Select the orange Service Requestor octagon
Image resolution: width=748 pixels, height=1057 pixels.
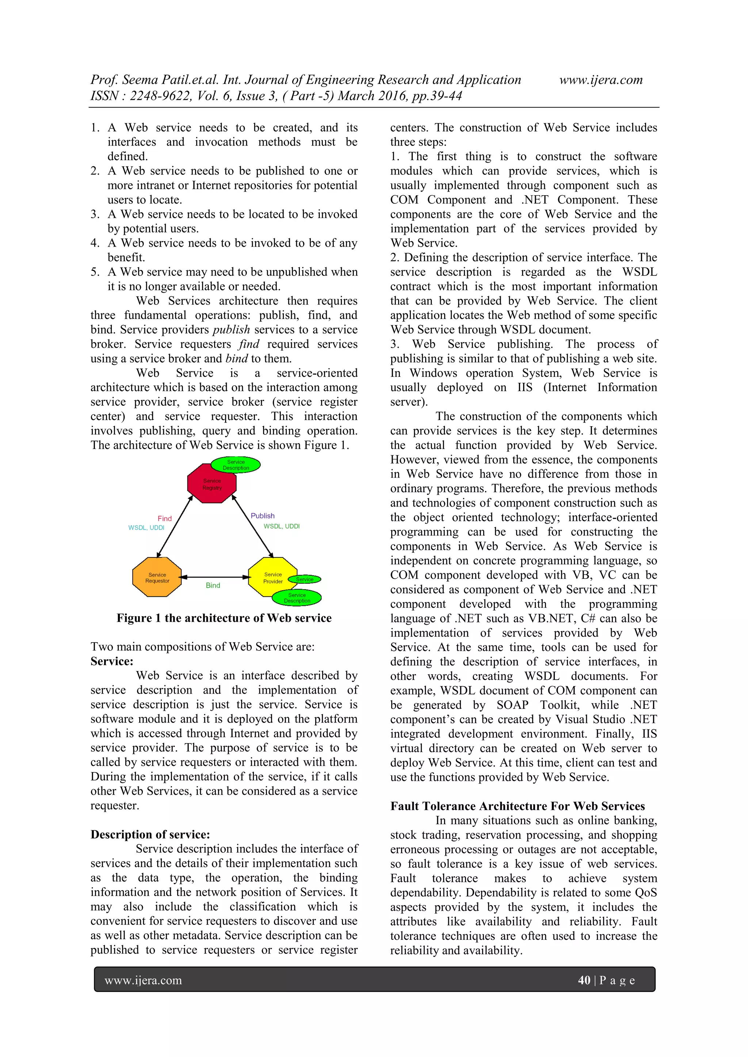point(157,577)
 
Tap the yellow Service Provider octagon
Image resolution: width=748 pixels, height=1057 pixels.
point(272,577)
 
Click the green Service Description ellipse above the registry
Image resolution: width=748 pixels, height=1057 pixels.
point(236,464)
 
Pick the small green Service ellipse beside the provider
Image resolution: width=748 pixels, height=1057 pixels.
point(305,579)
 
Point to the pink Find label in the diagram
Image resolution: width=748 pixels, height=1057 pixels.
point(164,518)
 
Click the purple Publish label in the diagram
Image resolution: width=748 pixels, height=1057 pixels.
point(262,516)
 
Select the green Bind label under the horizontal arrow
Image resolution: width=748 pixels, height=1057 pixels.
point(213,585)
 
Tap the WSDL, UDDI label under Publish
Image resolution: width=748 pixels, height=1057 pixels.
point(281,526)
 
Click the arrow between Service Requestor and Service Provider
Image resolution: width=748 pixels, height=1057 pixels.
point(214,577)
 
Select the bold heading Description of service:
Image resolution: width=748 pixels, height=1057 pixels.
point(150,835)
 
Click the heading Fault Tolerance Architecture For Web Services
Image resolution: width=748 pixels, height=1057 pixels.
point(517,806)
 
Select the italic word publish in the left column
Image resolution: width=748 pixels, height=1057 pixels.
point(231,329)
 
